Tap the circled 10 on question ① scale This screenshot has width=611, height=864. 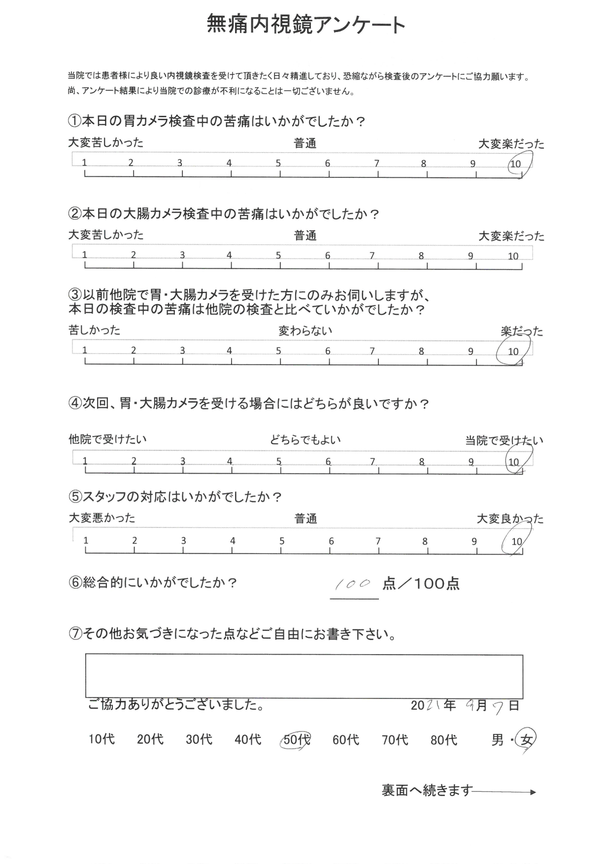[x=516, y=164]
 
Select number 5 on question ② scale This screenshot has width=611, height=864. [x=278, y=255]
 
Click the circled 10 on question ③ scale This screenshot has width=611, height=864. [x=513, y=351]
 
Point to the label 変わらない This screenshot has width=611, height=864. [x=305, y=331]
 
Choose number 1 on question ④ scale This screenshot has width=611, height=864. [x=85, y=462]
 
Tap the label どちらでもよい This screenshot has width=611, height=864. [x=305, y=440]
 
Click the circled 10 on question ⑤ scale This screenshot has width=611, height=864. [x=516, y=541]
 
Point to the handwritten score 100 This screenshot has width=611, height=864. [x=353, y=585]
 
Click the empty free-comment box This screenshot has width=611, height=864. [x=304, y=676]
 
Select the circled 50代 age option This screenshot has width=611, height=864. [x=297, y=740]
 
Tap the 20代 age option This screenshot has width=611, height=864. [x=150, y=739]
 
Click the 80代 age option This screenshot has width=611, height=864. [x=444, y=740]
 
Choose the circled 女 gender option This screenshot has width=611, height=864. [x=527, y=740]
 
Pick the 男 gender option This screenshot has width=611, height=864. [x=498, y=740]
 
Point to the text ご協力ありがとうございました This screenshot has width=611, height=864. [x=175, y=705]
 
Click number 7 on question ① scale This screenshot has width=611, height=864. [x=376, y=164]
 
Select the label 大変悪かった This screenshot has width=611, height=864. [x=102, y=518]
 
